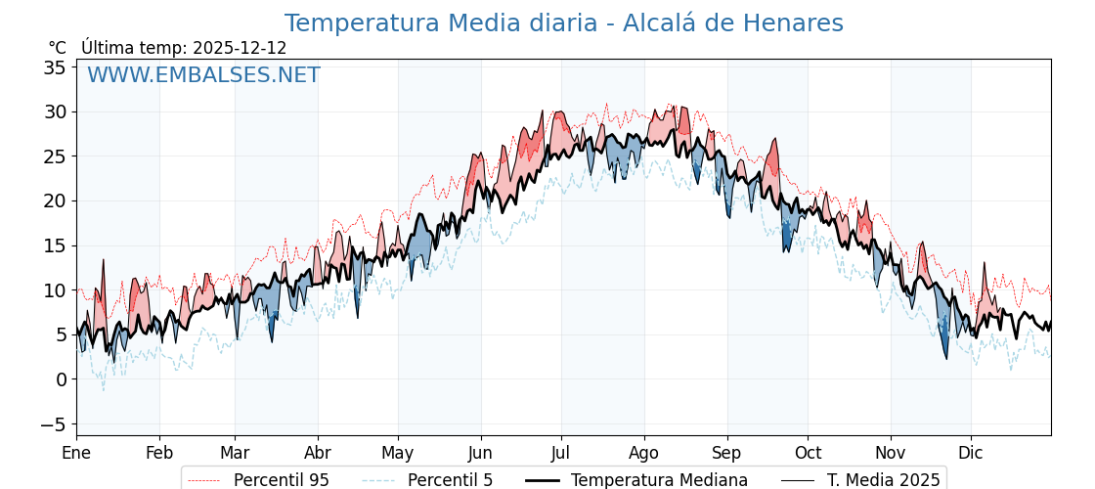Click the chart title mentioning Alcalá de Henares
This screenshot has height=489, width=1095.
[x=563, y=23]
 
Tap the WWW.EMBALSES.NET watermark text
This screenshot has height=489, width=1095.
[x=203, y=75]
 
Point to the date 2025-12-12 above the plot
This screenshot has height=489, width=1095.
[x=240, y=48]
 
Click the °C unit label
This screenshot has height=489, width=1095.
[x=57, y=48]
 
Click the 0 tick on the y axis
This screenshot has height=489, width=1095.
[x=61, y=379]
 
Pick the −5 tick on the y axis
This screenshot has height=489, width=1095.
[x=55, y=424]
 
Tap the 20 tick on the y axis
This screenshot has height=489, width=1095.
[x=55, y=201]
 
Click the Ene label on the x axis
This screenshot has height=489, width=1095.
[x=76, y=454]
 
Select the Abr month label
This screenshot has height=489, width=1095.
[x=318, y=454]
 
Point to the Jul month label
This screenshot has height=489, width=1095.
[x=561, y=454]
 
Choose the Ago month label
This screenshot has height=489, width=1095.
[x=644, y=454]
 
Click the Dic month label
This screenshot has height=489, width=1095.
[x=971, y=454]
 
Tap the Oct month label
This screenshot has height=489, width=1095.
[x=808, y=454]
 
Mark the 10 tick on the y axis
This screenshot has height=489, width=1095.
[x=55, y=290]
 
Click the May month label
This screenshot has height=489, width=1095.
[x=398, y=454]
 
